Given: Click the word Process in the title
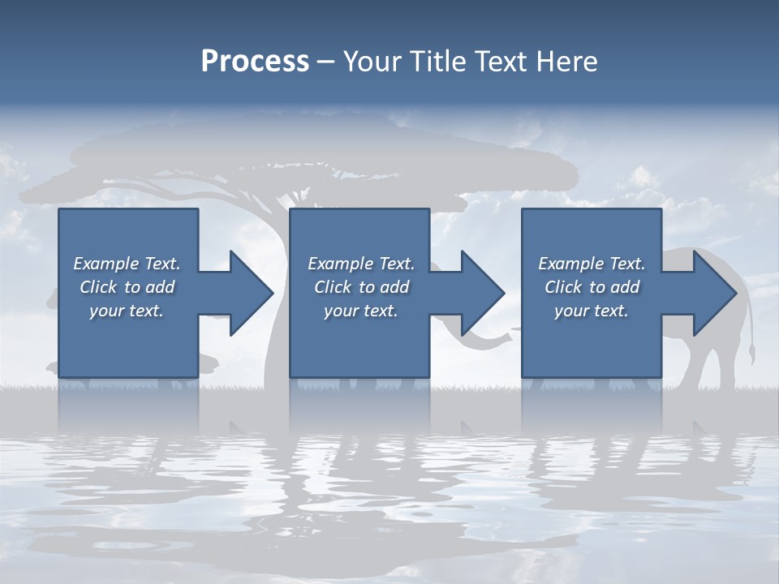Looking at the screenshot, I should point(255,62).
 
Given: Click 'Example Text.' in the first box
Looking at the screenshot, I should point(127,264).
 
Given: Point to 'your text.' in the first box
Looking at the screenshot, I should point(127,311).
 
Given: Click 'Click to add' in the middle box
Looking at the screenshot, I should point(361,287).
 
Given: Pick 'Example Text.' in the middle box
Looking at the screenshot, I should point(361,264).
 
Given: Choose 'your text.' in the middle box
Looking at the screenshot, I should point(361,311).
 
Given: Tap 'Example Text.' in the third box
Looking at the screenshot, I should point(592,264).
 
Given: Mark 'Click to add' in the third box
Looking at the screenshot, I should point(592,287).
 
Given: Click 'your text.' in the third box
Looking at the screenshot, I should point(592,311).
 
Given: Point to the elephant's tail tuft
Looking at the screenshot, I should point(752,354).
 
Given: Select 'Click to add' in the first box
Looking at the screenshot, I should point(127,287).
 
